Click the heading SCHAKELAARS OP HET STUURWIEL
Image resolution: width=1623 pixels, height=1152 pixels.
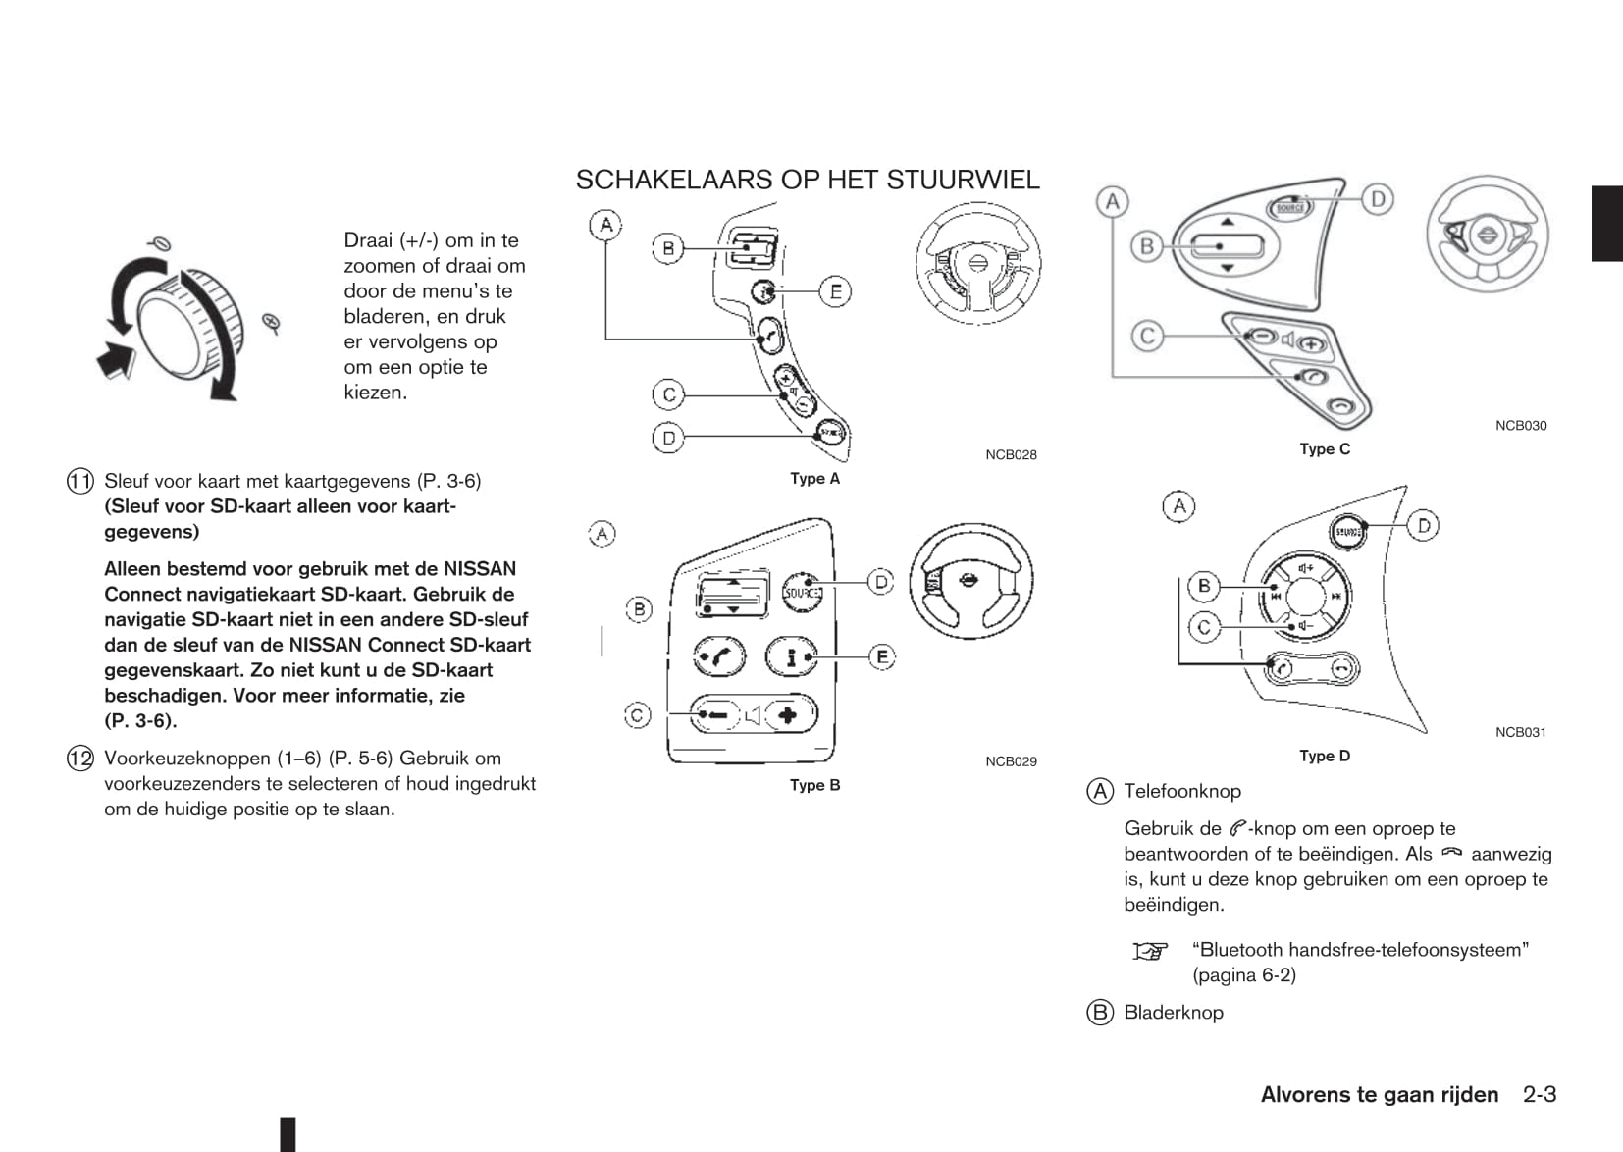(x=807, y=181)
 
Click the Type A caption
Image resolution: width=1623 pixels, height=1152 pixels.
(x=814, y=479)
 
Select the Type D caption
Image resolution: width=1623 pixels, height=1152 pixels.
(x=1324, y=756)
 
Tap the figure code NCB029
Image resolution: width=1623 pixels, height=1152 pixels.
(x=1011, y=761)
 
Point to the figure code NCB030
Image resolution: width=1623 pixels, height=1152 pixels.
(x=1520, y=426)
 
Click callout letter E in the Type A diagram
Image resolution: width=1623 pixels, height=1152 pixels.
(x=835, y=291)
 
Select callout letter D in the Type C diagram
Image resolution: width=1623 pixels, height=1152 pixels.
(x=1378, y=199)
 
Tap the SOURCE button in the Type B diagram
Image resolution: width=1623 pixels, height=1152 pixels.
(x=801, y=593)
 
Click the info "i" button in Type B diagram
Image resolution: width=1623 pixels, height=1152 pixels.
(x=791, y=656)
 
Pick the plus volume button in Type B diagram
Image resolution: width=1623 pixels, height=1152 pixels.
(x=788, y=715)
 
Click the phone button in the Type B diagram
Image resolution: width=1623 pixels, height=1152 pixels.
(x=719, y=656)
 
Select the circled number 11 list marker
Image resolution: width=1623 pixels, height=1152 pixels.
(x=80, y=481)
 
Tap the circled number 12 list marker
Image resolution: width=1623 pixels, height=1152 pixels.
(x=80, y=759)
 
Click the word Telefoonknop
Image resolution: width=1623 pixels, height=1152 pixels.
(x=1181, y=791)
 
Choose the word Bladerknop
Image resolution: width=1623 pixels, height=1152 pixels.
(x=1173, y=1013)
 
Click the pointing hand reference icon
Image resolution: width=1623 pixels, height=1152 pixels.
(x=1150, y=951)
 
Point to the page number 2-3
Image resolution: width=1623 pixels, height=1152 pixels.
(x=1539, y=1095)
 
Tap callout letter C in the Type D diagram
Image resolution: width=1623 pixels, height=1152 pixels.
(x=1204, y=626)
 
